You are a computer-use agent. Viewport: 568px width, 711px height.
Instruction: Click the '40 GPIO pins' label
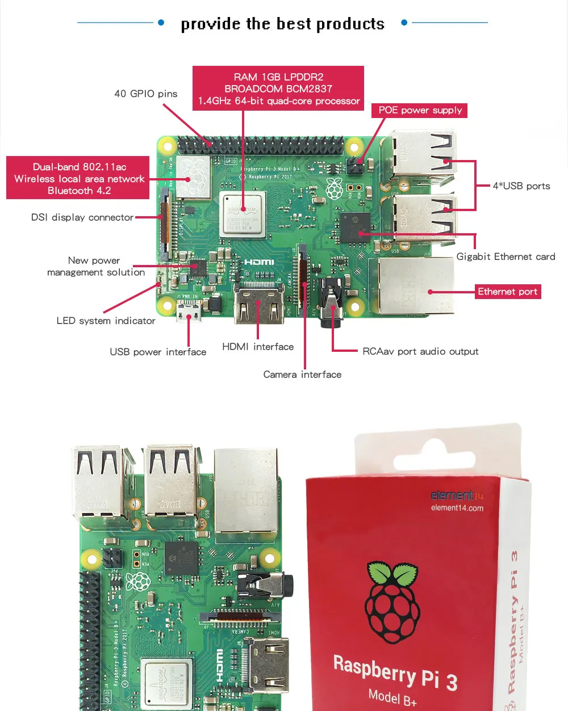coord(145,94)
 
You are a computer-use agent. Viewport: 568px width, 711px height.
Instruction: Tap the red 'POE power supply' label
coord(420,110)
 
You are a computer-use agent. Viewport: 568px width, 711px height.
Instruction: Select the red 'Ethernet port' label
coord(507,292)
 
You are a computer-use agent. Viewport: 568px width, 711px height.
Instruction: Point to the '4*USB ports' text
coord(521,186)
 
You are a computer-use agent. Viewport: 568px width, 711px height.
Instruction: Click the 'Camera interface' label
coord(302,375)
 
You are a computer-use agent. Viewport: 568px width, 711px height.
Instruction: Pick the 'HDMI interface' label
coord(258,347)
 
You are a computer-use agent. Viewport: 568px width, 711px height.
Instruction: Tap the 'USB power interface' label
coord(158,352)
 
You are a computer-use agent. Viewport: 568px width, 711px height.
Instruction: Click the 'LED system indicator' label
coord(106,321)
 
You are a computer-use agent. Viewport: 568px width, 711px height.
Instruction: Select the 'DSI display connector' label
coord(82,217)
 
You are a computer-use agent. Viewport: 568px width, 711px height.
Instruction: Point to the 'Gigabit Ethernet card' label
coord(506,256)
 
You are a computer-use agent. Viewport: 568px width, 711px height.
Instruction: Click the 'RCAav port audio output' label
coord(420,351)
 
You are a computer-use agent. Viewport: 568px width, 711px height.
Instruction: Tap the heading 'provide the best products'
coord(282,24)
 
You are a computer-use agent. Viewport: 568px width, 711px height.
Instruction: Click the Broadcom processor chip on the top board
coord(243,214)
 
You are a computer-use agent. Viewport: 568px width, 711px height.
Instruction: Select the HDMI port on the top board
coord(259,306)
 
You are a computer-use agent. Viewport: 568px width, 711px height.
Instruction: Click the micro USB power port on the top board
coord(188,313)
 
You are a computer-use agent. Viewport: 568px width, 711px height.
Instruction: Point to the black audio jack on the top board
coord(331,310)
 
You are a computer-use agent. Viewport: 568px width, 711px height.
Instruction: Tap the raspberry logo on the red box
coord(392,601)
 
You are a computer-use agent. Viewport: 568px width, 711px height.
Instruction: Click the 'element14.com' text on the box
coord(457,508)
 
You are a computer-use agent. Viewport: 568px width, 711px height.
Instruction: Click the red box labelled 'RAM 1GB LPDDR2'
coord(278,89)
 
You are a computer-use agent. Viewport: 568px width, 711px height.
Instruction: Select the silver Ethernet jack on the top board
coord(411,287)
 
